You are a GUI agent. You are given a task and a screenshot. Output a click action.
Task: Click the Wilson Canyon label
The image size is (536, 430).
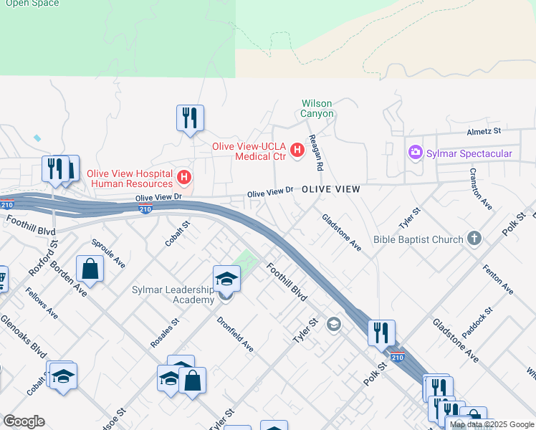(x=317, y=108)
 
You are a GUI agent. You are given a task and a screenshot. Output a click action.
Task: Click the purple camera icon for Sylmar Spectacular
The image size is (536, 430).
(x=415, y=153)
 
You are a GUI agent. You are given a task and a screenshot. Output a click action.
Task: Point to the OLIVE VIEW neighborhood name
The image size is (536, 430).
(x=330, y=188)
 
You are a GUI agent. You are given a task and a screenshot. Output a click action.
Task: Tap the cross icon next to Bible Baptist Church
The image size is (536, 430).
(x=474, y=239)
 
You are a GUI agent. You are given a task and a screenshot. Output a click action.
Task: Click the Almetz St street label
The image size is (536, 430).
(x=485, y=132)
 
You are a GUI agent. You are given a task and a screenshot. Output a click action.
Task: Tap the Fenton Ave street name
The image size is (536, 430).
(x=502, y=279)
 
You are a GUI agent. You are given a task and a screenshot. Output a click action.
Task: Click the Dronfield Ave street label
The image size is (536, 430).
(x=235, y=335)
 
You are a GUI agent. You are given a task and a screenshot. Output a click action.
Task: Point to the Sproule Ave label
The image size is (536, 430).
(x=109, y=253)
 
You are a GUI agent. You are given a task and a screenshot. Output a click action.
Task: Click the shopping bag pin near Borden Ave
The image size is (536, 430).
(x=91, y=269)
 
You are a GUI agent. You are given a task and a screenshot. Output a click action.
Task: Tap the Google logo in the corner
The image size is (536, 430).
(x=24, y=421)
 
